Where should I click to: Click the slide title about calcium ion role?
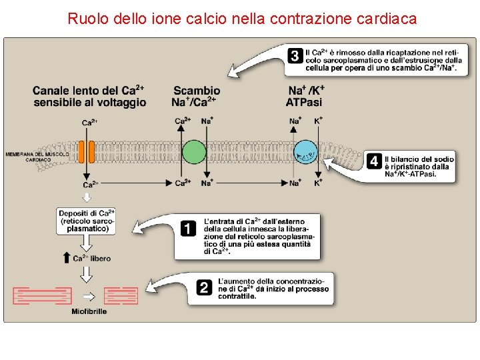pos(242,19)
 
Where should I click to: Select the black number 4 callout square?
pos(375,161)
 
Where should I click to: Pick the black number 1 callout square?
pos(189,229)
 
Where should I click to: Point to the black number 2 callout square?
pos(205,287)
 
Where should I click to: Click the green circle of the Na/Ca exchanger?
pos(194,151)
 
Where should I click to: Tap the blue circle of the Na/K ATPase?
pos(306,152)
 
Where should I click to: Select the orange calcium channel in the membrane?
pos(87,152)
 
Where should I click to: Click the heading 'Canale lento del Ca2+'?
pos(89,96)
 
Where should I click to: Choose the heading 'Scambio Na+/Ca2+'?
pos(196,96)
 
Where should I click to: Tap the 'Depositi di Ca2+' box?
pos(87,220)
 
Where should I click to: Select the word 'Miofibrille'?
pos(89,311)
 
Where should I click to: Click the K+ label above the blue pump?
pos(319,121)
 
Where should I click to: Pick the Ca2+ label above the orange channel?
pos(89,122)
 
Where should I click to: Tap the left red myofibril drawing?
pos(43,295)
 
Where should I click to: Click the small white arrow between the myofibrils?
pos(88,295)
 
